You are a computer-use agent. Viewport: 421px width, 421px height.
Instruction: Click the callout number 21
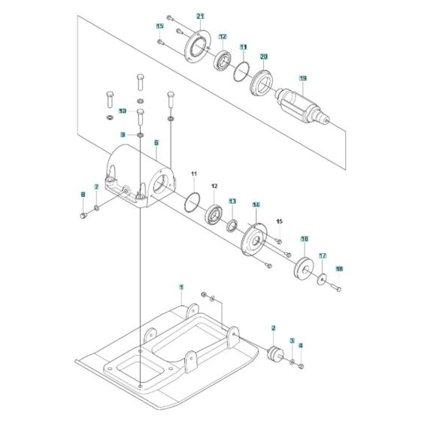[x=201, y=16]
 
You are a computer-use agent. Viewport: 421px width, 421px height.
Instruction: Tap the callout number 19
[x=303, y=78]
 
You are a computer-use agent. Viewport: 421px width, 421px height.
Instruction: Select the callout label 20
[x=264, y=57]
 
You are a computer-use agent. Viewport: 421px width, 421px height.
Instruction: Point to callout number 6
[x=156, y=142]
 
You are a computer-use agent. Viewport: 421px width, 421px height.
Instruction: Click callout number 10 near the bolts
[x=122, y=112]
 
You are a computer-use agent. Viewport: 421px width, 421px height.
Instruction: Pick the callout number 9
[x=122, y=134]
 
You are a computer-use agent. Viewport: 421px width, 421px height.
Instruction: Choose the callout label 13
[x=232, y=201]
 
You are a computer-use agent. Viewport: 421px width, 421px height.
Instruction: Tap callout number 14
[x=256, y=204]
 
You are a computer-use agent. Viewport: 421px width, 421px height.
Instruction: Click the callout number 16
[x=304, y=239]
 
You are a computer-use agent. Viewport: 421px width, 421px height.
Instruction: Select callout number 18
[x=338, y=268]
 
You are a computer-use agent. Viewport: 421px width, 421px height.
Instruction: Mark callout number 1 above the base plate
[x=181, y=287]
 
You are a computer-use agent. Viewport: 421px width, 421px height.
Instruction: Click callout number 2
[x=273, y=329]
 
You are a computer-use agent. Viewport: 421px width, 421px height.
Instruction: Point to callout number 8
[x=83, y=196]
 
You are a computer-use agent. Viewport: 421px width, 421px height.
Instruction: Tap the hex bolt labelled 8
[x=83, y=217]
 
